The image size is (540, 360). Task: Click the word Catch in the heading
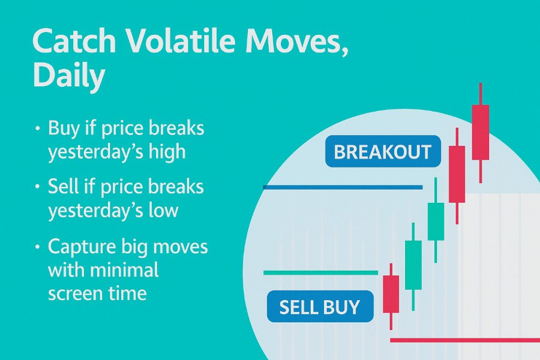74,41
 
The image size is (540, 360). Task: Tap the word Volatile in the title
182,41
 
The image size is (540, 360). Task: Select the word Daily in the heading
68,76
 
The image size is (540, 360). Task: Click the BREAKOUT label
383,152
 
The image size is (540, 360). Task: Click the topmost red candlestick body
481,132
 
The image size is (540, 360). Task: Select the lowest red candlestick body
391,294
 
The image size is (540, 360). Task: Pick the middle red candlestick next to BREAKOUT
457,175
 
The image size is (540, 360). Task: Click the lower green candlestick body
413,265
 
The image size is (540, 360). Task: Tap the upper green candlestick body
436,221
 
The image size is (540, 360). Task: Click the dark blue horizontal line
343,187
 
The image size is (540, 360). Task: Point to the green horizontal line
320,273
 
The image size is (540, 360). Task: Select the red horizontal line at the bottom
465,340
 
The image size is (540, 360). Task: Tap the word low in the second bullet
164,210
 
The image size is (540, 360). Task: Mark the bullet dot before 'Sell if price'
38,187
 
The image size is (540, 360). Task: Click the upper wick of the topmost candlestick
481,94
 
